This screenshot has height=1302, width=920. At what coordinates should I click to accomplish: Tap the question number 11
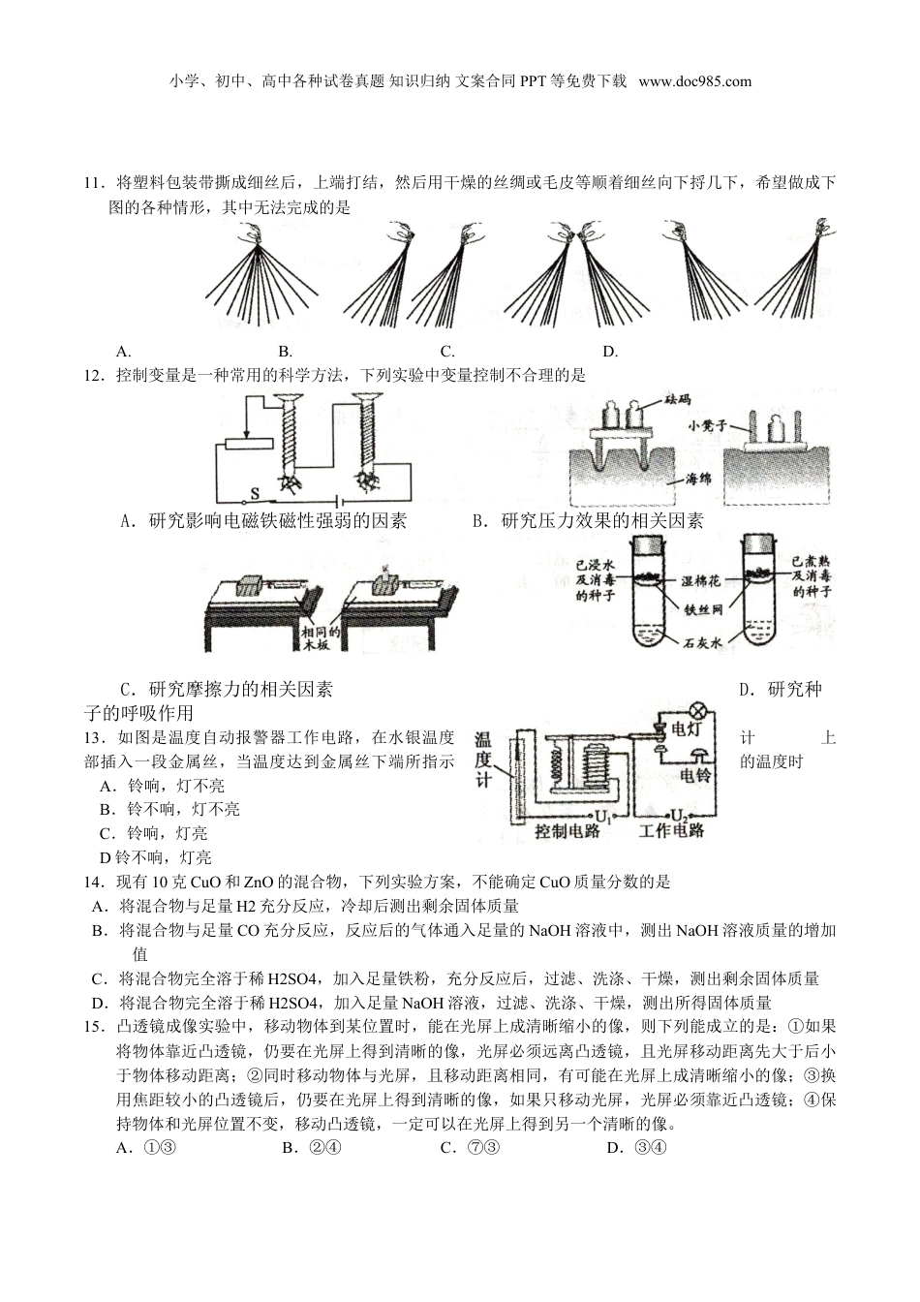[x=93, y=182]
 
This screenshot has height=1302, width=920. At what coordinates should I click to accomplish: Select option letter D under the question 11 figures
[x=610, y=352]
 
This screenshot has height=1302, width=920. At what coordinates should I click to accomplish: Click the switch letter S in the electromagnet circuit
[x=256, y=492]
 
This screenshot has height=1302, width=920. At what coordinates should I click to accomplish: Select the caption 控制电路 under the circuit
[x=567, y=831]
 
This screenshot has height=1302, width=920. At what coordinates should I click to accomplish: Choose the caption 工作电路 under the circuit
[x=671, y=831]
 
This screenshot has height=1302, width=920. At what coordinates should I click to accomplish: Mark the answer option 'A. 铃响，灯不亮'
[x=162, y=785]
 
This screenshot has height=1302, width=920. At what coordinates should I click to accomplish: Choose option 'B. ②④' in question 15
[x=312, y=1148]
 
